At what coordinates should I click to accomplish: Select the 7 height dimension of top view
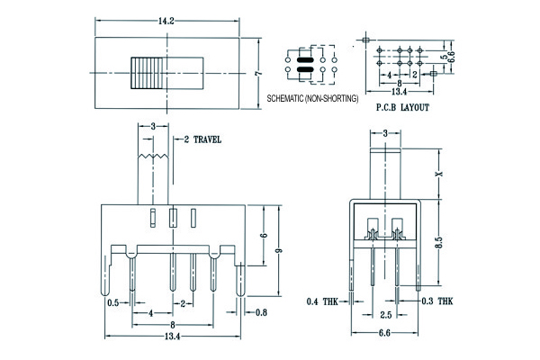coord(257,71)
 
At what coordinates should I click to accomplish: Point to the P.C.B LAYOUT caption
coord(401,106)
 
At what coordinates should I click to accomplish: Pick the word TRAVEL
coord(206,140)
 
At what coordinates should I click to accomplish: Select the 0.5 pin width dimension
coord(113,303)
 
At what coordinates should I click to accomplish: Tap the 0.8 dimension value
coord(261,312)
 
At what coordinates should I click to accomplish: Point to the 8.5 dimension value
coord(440,243)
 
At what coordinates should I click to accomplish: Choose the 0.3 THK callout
coord(437,301)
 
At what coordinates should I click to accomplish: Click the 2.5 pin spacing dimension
coord(384,315)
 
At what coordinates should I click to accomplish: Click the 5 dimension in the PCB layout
coord(442,56)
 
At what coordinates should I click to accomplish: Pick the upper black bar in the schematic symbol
coord(305,57)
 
